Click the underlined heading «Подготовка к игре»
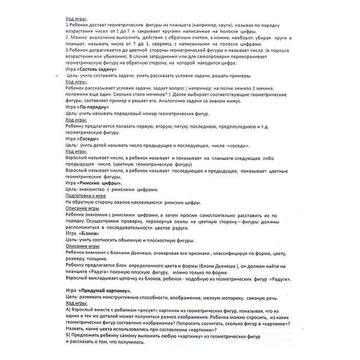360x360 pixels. coord(85,196)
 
